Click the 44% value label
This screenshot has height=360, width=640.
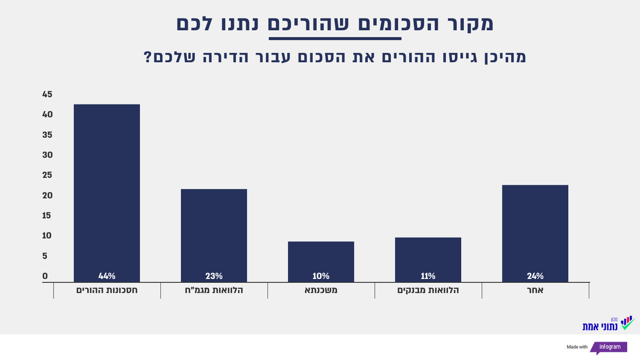coord(107,276)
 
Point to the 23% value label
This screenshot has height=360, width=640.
coord(213,276)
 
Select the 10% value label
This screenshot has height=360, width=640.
coord(321,276)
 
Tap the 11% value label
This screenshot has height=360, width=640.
coord(428,276)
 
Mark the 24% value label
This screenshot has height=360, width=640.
coord(535,276)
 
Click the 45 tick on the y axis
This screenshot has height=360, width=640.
coord(48,95)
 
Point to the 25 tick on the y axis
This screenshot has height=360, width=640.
coord(48,175)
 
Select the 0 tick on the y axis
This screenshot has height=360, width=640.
coord(45,276)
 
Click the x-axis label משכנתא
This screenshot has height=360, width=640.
coord(321,290)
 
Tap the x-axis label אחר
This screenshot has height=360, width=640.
coord(535,290)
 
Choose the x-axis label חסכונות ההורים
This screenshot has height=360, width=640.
coord(107,290)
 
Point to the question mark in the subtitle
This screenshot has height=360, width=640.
coord(148,58)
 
